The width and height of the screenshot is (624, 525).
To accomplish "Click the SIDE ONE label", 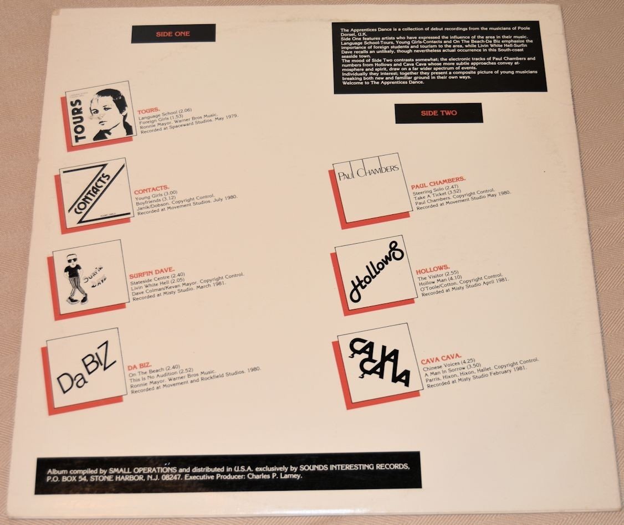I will coord(173,34).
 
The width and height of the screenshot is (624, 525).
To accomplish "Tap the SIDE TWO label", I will coord(438,113).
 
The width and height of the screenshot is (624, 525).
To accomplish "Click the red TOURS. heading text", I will coord(149,111).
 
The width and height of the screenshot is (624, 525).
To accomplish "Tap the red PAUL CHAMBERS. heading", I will coord(438,181).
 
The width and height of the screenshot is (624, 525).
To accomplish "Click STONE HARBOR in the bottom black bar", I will coord(118,476).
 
